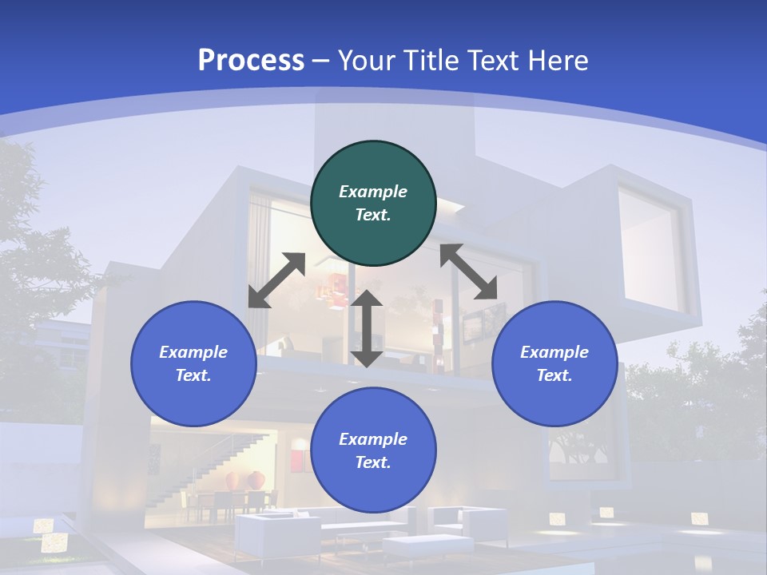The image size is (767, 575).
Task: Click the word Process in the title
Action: click(251, 61)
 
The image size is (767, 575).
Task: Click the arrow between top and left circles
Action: click(276, 280)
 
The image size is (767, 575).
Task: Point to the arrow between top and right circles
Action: click(469, 272)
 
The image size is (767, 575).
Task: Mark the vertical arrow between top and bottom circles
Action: click(367, 328)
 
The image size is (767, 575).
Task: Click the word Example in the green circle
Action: click(373, 192)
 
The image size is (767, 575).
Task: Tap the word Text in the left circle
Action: click(193, 375)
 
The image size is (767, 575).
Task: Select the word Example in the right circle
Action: click(554, 352)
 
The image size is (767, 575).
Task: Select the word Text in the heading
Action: click(492, 61)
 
